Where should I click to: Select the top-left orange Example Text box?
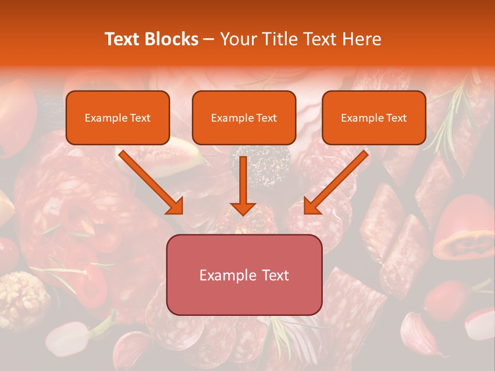click(x=118, y=117)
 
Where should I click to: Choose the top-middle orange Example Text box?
click(x=244, y=117)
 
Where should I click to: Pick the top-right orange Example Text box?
click(x=374, y=117)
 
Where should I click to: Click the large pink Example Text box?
click(x=244, y=275)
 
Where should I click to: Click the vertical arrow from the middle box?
click(x=243, y=185)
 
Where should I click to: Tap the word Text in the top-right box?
click(x=397, y=118)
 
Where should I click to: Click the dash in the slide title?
click(x=209, y=39)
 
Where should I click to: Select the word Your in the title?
click(x=237, y=39)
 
